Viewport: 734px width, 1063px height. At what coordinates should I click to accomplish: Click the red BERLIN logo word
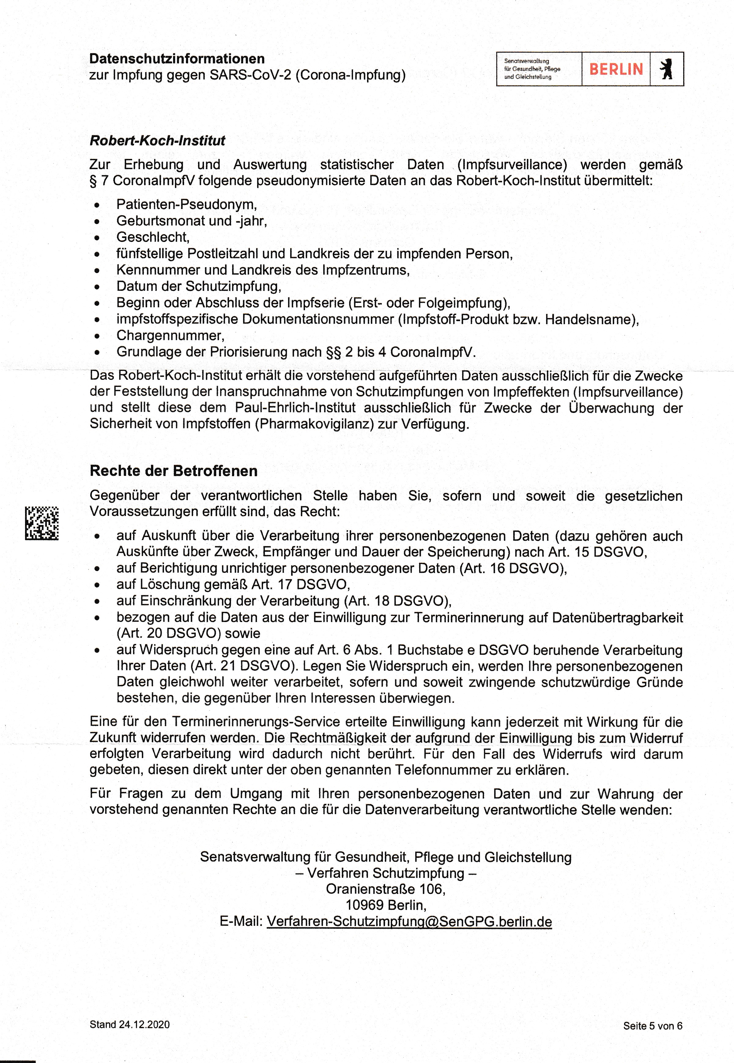tap(616, 69)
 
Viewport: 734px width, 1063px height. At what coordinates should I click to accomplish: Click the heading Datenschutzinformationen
tap(177, 59)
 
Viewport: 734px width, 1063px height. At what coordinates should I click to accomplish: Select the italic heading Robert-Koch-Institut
tap(157, 141)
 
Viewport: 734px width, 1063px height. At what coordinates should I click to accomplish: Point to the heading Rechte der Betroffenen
tap(173, 471)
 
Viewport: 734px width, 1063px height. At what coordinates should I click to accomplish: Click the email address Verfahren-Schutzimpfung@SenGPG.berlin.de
tap(409, 921)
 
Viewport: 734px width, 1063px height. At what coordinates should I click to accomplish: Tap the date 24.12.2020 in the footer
tap(144, 1024)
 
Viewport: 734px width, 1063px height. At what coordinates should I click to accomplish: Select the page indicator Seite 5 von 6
tap(653, 1026)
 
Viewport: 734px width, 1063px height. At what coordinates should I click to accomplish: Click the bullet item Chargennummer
tap(170, 336)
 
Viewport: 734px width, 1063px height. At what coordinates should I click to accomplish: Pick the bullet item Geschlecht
tap(153, 237)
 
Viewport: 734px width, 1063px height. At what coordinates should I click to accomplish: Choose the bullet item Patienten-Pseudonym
tap(186, 204)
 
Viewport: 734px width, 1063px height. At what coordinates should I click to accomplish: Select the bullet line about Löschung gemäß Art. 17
tap(233, 584)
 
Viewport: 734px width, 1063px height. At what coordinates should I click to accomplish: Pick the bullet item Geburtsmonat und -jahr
tap(191, 221)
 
